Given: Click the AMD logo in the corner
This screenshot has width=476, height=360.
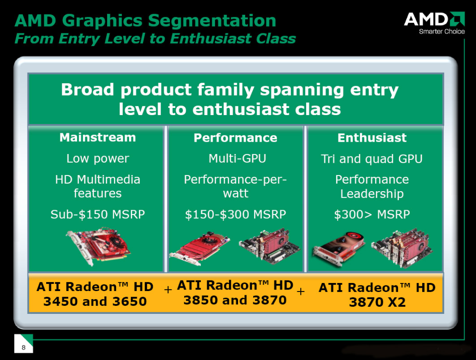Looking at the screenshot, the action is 435,23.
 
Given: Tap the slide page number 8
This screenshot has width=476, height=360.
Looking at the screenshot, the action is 24,347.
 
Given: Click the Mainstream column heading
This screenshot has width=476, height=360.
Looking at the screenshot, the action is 98,137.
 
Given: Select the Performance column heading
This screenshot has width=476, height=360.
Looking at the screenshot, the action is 236,138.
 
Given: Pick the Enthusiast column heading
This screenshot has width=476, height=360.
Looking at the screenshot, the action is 372,138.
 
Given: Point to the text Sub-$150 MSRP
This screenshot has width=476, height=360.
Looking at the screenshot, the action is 98,214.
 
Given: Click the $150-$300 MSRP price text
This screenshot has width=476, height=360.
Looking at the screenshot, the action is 236,214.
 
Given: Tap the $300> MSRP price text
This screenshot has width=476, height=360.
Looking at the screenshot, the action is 372,214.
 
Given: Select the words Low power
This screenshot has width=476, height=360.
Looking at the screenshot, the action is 98,159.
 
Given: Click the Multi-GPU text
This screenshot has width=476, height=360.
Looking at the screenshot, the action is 237,158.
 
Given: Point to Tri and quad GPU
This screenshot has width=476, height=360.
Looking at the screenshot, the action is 372,159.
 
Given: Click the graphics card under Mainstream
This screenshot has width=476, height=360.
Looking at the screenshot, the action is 98,246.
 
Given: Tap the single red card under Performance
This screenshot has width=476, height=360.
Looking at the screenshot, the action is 199,248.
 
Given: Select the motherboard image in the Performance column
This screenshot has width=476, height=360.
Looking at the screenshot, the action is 269,246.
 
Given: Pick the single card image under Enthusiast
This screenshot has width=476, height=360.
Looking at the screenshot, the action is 339,249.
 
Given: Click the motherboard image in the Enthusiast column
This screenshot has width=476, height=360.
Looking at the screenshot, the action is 402,248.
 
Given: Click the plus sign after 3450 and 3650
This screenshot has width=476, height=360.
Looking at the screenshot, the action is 168,290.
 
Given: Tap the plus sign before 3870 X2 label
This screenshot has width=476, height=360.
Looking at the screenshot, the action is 300,292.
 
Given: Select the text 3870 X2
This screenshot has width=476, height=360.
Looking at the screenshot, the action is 377,302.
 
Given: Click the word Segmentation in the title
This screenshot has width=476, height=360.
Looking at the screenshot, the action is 212,20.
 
